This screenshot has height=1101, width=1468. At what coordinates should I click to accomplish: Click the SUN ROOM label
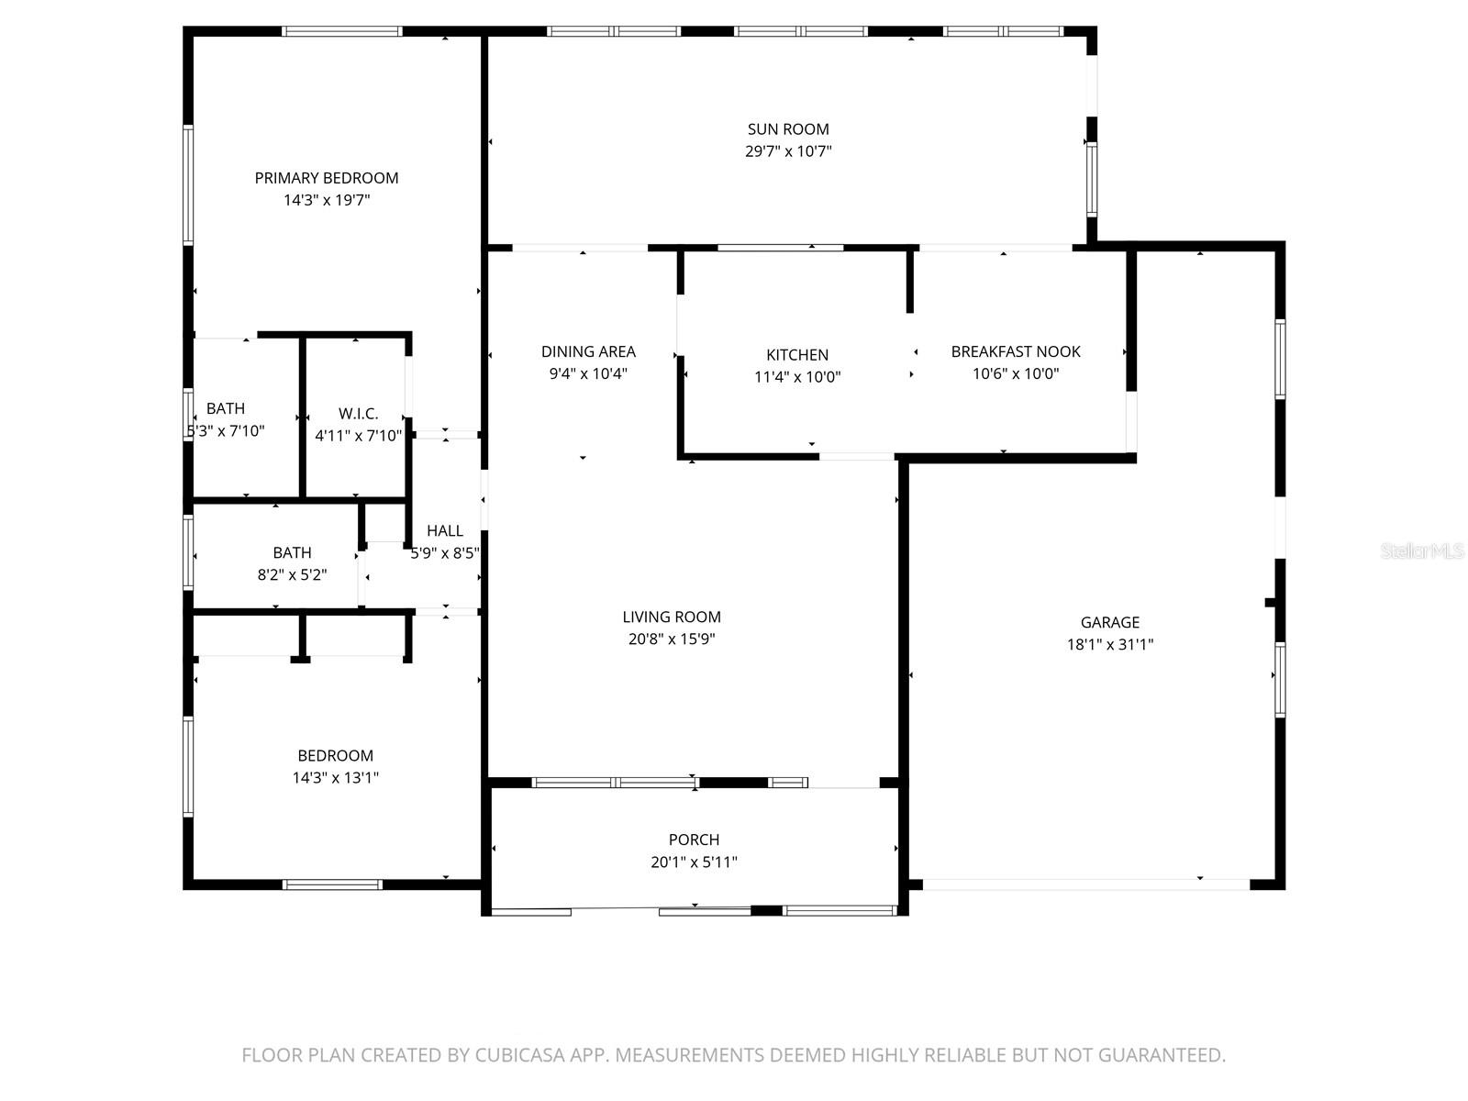[x=787, y=129]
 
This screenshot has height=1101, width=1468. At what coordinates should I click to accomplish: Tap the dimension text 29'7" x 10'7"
[x=787, y=151]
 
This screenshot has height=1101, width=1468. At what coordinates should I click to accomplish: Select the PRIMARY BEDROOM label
[x=327, y=178]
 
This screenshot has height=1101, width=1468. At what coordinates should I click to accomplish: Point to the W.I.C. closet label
[x=358, y=414]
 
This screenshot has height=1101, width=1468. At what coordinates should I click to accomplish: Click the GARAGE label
[x=1109, y=622]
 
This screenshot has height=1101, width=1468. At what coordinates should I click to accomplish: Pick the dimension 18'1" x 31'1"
[x=1109, y=644]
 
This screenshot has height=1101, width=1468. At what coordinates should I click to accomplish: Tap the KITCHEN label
[x=797, y=355]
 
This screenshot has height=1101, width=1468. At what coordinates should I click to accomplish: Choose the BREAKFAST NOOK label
[x=1016, y=351]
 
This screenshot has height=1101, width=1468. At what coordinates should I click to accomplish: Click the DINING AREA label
[x=588, y=351]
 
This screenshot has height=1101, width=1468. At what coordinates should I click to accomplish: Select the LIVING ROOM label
[x=672, y=617]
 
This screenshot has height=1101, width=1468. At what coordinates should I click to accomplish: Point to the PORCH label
[x=694, y=840]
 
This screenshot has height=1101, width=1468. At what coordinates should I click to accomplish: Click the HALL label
[x=445, y=530]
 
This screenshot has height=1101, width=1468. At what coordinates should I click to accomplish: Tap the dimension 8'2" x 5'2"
[x=292, y=574]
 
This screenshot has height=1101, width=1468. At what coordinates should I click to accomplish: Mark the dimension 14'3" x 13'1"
[x=335, y=777]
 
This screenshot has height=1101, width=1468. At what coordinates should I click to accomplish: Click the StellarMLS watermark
[x=1422, y=551]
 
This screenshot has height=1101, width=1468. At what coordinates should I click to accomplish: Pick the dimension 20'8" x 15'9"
[x=672, y=639]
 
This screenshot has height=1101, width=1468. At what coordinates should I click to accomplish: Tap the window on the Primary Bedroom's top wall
[x=342, y=31]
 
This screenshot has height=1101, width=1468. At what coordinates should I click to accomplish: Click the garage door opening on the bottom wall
[x=1085, y=884]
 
